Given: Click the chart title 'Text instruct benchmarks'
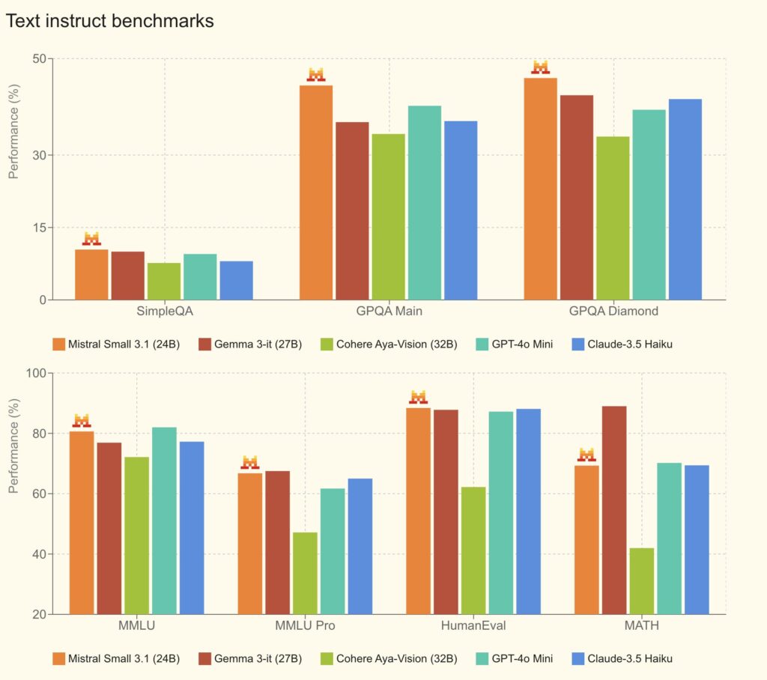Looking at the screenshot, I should (x=110, y=21).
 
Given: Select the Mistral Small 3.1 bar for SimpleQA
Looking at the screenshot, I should (x=91, y=274).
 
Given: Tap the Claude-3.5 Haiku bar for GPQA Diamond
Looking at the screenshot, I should (x=685, y=199).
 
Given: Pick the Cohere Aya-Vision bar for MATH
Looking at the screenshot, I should (x=641, y=581).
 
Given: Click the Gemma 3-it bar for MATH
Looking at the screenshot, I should (x=614, y=510).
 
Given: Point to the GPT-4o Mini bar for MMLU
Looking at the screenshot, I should (x=164, y=520).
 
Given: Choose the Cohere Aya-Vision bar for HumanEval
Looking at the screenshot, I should (x=473, y=550).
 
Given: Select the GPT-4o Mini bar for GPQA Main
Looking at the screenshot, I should (x=424, y=202).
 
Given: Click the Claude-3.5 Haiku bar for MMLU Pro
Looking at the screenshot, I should (x=360, y=546).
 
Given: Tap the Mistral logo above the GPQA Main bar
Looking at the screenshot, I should (x=316, y=75).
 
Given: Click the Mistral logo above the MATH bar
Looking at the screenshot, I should (x=586, y=455).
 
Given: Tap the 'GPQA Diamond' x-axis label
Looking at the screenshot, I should (x=613, y=311).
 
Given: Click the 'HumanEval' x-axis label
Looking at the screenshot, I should (x=473, y=625).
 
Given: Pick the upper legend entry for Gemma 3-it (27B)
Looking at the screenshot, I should (x=249, y=344).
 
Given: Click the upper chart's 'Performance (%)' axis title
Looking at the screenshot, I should (x=13, y=132).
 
